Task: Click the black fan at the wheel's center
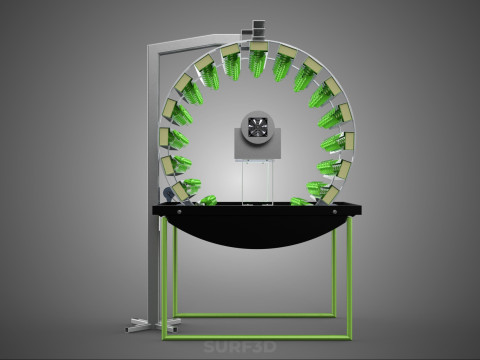point(257,128)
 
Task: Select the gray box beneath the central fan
point(258,144)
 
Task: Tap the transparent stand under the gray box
point(258,182)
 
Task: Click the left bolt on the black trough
point(179,211)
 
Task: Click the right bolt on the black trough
point(334,211)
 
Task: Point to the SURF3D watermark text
point(240,347)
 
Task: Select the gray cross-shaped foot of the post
point(153,324)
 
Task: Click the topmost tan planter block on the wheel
point(257,46)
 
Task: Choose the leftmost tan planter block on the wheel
point(164,137)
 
